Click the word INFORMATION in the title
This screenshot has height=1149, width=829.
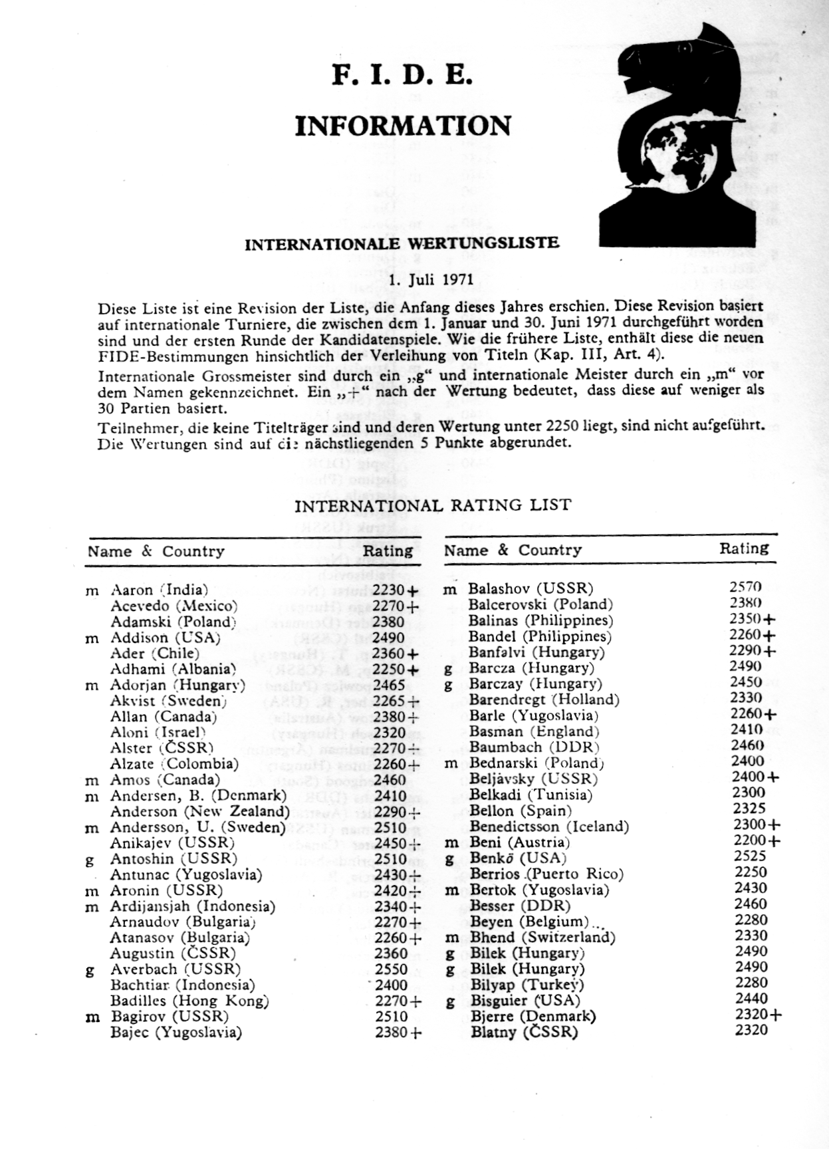403,126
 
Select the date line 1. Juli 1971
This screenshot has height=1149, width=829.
430,279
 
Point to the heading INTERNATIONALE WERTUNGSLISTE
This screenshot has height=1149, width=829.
402,243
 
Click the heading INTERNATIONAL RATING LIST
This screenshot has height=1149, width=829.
432,505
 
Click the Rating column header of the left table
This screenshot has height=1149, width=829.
388,551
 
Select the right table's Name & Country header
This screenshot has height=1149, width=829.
513,551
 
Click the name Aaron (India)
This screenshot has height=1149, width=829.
159,590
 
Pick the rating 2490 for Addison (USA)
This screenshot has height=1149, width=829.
389,638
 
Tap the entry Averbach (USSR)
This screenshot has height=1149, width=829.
176,969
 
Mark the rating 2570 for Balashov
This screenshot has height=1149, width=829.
745,587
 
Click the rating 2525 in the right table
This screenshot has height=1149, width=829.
750,856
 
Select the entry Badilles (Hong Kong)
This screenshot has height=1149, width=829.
189,1001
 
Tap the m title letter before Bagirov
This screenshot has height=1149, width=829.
92,1017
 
